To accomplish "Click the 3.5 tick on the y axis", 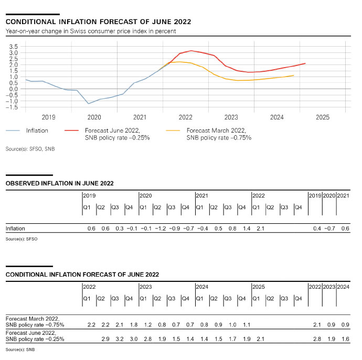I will pos(14,47).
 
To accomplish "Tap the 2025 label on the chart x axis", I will pos(323,118).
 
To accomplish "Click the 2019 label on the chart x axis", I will pos(48,118).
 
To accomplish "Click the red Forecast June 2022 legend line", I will pos(74,131).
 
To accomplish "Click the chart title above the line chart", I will pos(98,22).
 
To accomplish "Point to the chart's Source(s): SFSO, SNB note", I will pos(30,149).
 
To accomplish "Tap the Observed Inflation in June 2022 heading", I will pos(59,183).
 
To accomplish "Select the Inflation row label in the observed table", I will pos(15,228).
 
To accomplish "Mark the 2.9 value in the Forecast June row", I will pos(105,339).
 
